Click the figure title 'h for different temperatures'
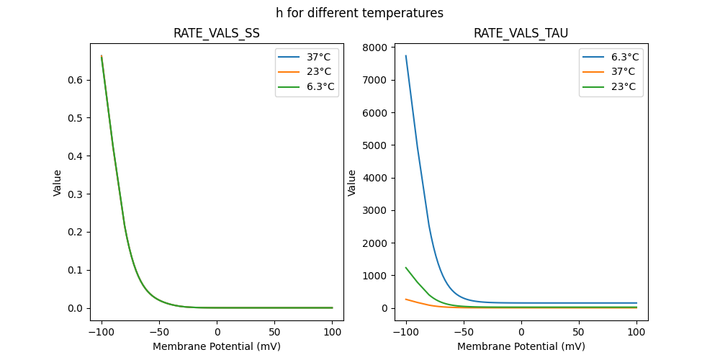click(359, 13)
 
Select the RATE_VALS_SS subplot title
click(216, 33)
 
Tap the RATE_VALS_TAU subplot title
click(521, 33)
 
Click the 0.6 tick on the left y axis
click(74, 80)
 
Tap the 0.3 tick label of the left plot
click(74, 194)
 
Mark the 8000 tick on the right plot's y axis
click(374, 48)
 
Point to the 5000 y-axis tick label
click(374, 145)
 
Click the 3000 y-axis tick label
click(374, 210)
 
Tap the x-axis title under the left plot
click(216, 346)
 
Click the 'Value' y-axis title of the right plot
click(352, 183)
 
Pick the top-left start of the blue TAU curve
click(406, 56)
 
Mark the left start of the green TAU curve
click(406, 268)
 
